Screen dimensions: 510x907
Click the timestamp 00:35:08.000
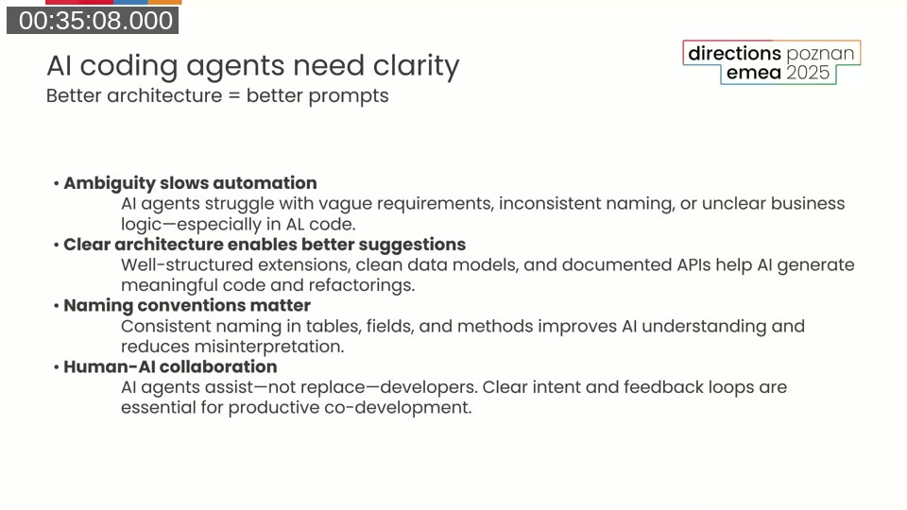[x=94, y=21]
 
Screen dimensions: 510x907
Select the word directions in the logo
[x=734, y=53]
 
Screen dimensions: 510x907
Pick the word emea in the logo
[x=753, y=73]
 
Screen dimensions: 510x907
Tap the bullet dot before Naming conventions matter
[x=57, y=306]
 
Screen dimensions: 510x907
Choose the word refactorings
[x=364, y=285]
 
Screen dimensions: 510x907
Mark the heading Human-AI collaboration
[x=170, y=367]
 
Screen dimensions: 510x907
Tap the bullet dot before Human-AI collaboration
[x=57, y=367]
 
